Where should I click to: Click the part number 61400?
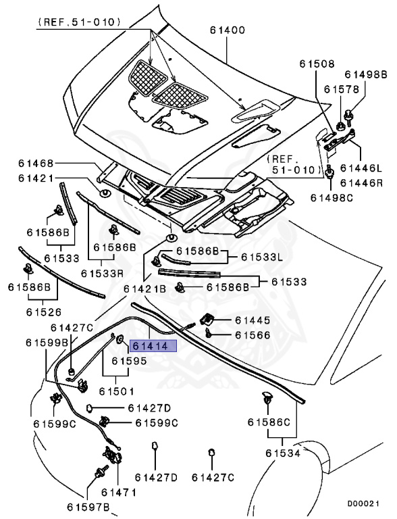(x=228, y=30)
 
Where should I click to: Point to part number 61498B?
(x=366, y=74)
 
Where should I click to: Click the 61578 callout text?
(x=340, y=89)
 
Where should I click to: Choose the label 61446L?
(x=361, y=168)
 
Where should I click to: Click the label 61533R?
(x=102, y=274)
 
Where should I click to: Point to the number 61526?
(x=44, y=312)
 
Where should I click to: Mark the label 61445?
(x=253, y=320)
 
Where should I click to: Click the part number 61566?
(x=253, y=335)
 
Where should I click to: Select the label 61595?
(x=129, y=362)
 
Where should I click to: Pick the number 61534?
(x=283, y=453)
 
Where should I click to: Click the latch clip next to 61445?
(x=208, y=318)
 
